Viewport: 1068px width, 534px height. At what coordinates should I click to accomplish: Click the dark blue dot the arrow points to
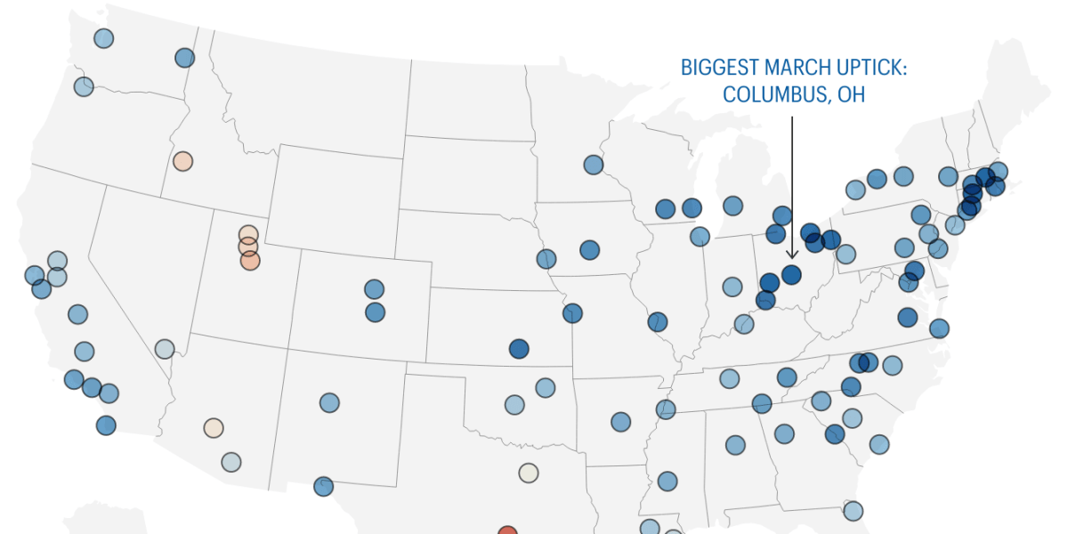(x=791, y=273)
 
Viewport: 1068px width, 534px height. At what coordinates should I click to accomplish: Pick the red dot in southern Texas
(x=507, y=532)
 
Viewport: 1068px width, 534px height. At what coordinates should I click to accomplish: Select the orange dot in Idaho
(x=182, y=161)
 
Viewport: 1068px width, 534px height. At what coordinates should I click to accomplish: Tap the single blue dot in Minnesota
(x=594, y=165)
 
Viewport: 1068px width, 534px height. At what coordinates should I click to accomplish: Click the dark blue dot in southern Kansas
(x=519, y=348)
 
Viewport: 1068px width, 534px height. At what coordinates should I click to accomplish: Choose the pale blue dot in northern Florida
(x=853, y=510)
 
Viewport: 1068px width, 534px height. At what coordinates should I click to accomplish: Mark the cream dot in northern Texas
(x=529, y=473)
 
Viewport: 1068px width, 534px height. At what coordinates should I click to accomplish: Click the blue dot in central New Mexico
(x=329, y=402)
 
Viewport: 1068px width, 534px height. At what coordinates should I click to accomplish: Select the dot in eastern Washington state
(x=184, y=58)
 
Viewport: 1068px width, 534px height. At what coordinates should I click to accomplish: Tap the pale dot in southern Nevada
(x=165, y=348)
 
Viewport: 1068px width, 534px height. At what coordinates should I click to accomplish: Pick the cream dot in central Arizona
(x=213, y=427)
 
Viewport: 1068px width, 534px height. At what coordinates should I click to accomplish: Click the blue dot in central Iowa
(x=589, y=249)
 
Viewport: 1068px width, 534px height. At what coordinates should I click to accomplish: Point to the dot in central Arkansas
(x=620, y=422)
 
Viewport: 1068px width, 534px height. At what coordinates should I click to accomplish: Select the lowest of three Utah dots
(x=250, y=261)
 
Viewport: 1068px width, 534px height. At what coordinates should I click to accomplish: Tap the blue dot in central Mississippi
(x=667, y=481)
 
